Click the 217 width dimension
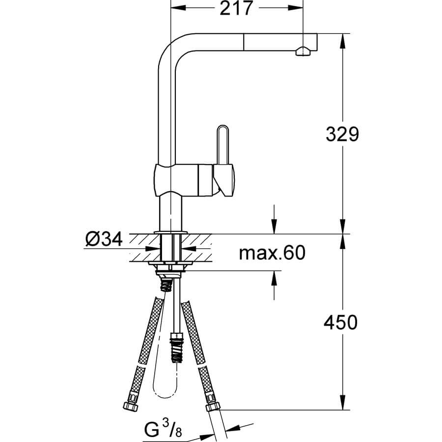pyautogui.click(x=236, y=8)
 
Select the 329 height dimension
pyautogui.click(x=342, y=134)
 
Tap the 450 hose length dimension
pyautogui.click(x=340, y=323)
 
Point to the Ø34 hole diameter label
pyautogui.click(x=104, y=240)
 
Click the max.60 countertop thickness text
pyautogui.click(x=272, y=252)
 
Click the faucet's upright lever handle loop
pyautogui.click(x=222, y=144)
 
